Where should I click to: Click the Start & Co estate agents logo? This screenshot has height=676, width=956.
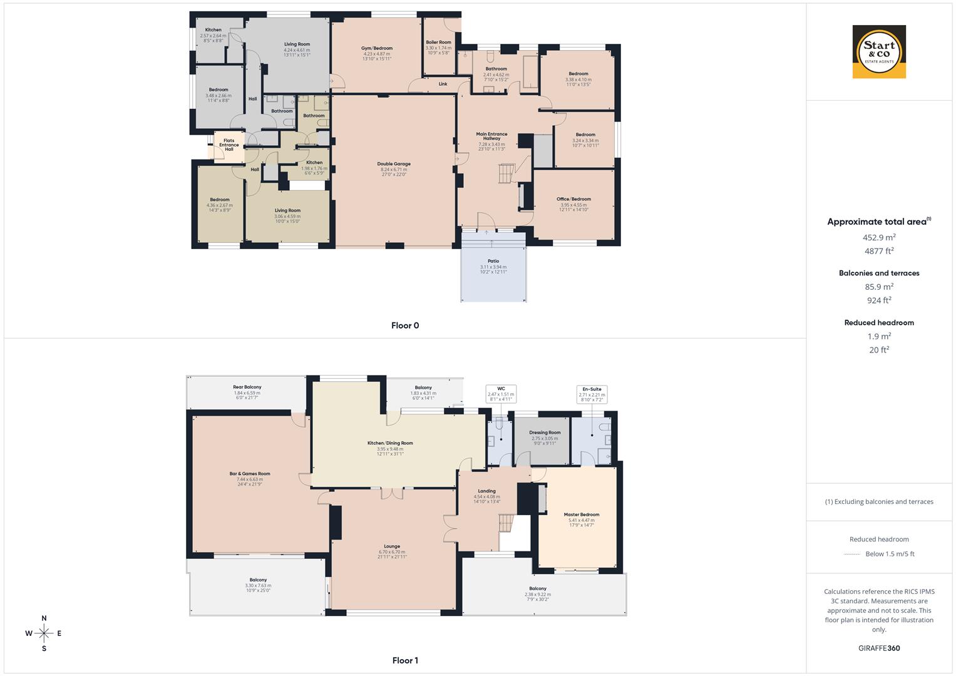[879, 51]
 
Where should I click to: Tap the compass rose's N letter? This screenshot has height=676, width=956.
[44, 618]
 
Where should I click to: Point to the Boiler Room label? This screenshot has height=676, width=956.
[438, 43]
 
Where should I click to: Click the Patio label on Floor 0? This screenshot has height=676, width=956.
[493, 261]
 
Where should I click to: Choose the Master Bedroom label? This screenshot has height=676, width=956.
[581, 515]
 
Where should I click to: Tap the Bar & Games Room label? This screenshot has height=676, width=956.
[250, 474]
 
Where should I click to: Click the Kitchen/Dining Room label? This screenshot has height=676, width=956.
[390, 443]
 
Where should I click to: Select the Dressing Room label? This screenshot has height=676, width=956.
[545, 433]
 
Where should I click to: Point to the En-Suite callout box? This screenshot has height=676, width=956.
[592, 394]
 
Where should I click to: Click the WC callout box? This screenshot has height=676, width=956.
[501, 393]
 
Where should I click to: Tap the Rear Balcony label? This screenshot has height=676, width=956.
[247, 387]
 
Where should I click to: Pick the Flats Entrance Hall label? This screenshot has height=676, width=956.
[229, 145]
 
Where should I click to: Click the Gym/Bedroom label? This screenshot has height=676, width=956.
[377, 48]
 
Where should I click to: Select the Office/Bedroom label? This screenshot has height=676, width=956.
[573, 199]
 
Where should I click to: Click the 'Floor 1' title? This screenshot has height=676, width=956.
[404, 660]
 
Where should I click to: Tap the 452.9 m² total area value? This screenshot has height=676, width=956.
[879, 237]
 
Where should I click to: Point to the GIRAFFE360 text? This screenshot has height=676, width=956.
[879, 648]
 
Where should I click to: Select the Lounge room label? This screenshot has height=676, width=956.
[392, 546]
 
